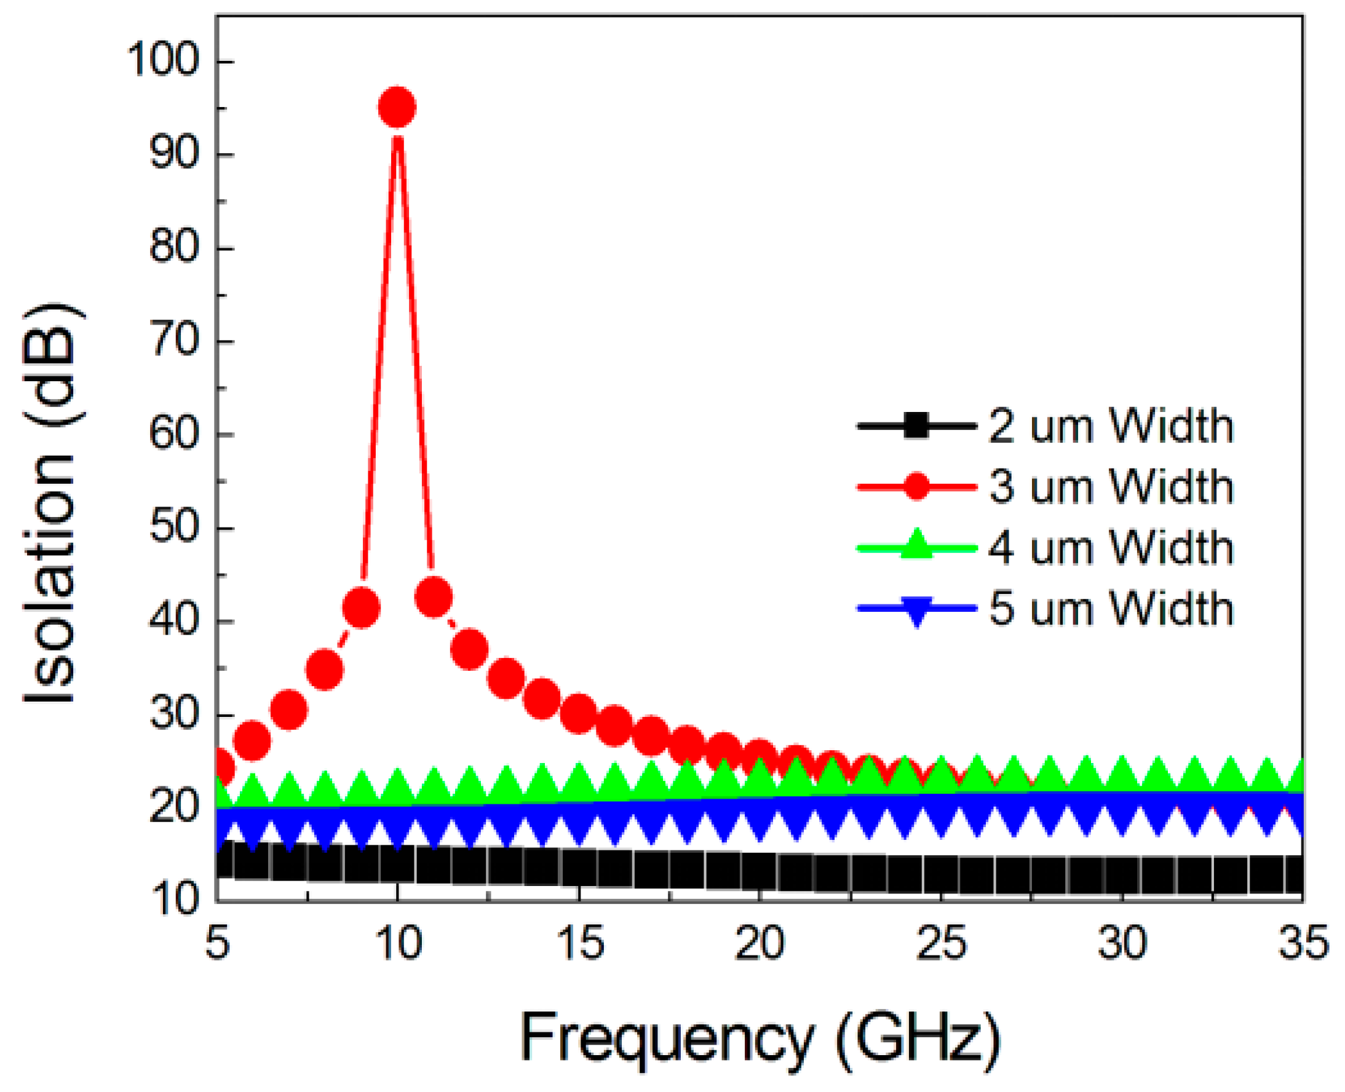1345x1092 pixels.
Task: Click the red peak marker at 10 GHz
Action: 397,108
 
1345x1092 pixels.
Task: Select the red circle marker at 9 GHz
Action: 361,607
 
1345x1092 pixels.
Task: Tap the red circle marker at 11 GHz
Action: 434,597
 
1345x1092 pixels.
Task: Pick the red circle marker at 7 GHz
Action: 289,710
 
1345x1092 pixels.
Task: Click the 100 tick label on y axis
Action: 163,60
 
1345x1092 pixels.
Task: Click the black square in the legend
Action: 916,426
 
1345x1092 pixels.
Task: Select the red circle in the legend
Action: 916,486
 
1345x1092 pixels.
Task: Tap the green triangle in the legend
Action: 916,545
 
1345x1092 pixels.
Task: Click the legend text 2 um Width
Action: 1111,426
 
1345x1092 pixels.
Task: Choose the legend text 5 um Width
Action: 1111,608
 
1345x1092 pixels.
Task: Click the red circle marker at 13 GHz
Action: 506,679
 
